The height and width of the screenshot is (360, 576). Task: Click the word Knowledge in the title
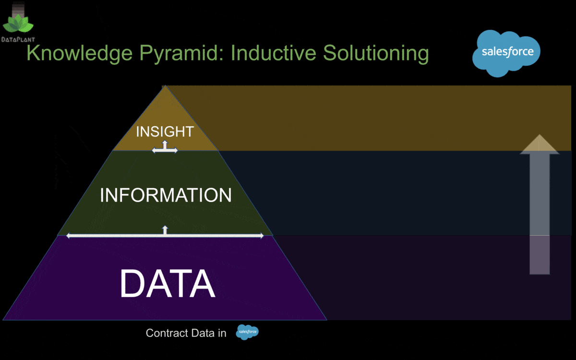[80, 53]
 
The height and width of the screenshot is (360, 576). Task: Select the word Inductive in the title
[273, 53]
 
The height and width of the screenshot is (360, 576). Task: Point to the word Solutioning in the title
[376, 53]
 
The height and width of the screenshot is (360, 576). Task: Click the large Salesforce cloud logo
[506, 53]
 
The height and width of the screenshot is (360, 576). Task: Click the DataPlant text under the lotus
[18, 39]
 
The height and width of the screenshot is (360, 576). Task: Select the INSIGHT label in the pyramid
[165, 132]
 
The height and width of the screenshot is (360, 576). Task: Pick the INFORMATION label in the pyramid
[166, 195]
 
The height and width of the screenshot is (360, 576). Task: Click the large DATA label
[168, 283]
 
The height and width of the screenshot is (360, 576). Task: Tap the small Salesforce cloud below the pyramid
[247, 332]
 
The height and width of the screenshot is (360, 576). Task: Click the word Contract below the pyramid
[167, 333]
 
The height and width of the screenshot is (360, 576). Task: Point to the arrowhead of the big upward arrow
[540, 144]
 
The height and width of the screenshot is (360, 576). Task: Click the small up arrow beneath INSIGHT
[165, 144]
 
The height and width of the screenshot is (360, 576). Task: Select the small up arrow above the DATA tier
[165, 230]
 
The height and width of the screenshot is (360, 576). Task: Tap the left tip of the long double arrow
[67, 236]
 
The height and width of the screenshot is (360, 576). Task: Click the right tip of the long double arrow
[264, 236]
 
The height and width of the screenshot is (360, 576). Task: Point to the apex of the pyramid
[165, 85]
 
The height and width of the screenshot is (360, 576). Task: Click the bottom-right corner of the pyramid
[327, 320]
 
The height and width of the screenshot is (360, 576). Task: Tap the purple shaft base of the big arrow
[540, 255]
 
